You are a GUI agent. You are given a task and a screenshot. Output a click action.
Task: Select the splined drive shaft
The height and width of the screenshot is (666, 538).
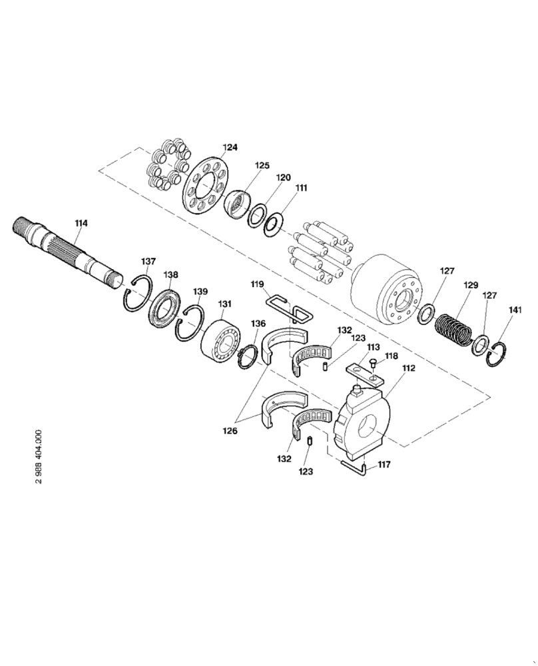click(67, 250)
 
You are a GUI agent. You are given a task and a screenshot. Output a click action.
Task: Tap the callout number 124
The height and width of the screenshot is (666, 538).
click(230, 147)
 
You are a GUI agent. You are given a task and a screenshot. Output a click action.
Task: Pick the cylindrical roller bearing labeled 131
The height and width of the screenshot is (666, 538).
click(219, 339)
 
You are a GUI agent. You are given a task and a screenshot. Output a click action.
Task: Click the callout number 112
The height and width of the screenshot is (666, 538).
click(407, 367)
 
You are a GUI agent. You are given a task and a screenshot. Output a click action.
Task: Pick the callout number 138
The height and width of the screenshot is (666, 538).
click(171, 274)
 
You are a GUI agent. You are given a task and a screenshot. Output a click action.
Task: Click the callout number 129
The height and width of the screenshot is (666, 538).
click(471, 284)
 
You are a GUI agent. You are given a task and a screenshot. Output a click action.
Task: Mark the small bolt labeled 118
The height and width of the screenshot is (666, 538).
click(372, 363)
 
